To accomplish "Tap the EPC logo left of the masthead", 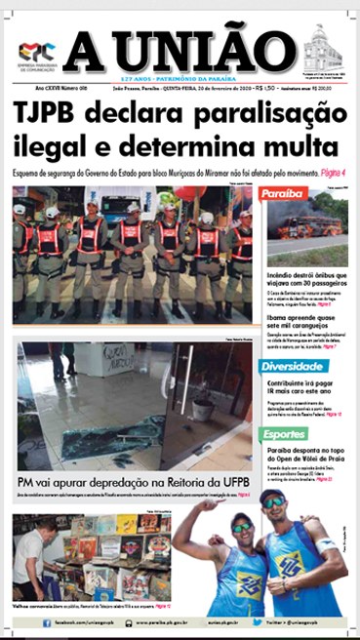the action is (38, 55).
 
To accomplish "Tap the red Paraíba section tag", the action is (286, 193).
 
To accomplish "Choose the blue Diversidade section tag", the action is (294, 367).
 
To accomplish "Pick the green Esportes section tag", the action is (285, 434).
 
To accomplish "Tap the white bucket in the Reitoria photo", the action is (202, 409).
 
